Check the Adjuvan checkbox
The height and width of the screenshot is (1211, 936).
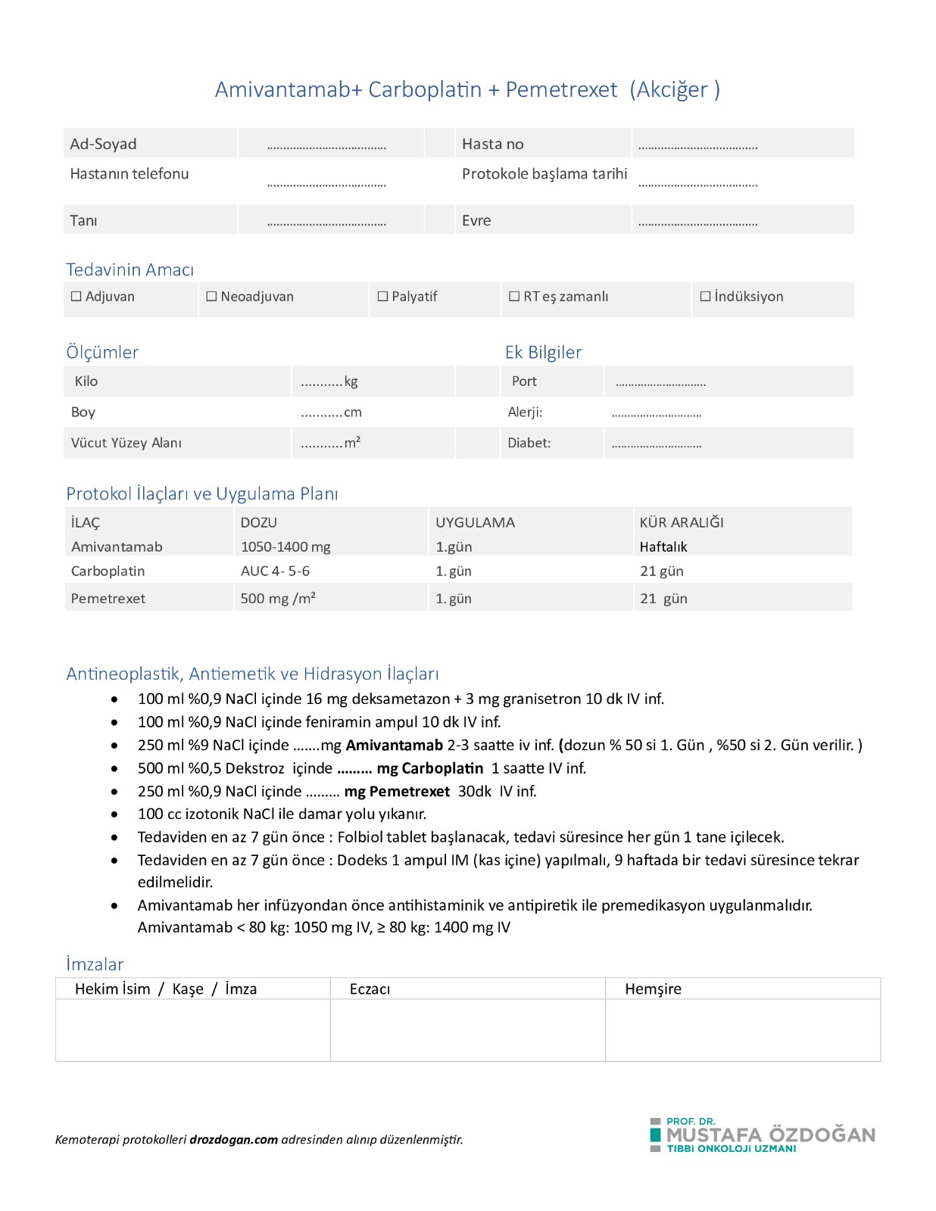click(76, 297)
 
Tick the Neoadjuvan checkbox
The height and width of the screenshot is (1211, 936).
click(211, 297)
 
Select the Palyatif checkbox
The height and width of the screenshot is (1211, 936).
click(382, 297)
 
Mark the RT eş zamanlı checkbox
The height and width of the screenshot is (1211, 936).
click(514, 297)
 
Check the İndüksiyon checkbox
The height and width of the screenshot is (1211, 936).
click(705, 297)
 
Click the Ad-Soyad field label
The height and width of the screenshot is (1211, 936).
click(103, 144)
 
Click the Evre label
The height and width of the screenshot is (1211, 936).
click(476, 220)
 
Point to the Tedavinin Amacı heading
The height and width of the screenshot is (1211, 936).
click(129, 269)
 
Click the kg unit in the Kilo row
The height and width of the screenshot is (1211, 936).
click(351, 381)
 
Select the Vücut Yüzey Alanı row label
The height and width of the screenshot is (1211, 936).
click(126, 443)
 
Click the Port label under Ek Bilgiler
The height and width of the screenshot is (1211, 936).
click(524, 381)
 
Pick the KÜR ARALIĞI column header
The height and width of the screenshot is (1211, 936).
click(682, 522)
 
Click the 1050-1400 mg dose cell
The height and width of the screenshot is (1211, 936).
click(285, 546)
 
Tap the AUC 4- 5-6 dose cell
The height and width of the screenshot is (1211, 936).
click(275, 571)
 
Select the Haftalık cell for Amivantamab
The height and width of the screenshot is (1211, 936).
click(663, 546)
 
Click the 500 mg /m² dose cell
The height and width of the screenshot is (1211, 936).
click(278, 598)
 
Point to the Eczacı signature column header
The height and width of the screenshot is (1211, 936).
click(370, 988)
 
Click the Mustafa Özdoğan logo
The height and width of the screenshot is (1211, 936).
click(762, 1135)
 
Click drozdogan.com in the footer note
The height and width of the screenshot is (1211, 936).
click(233, 1139)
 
